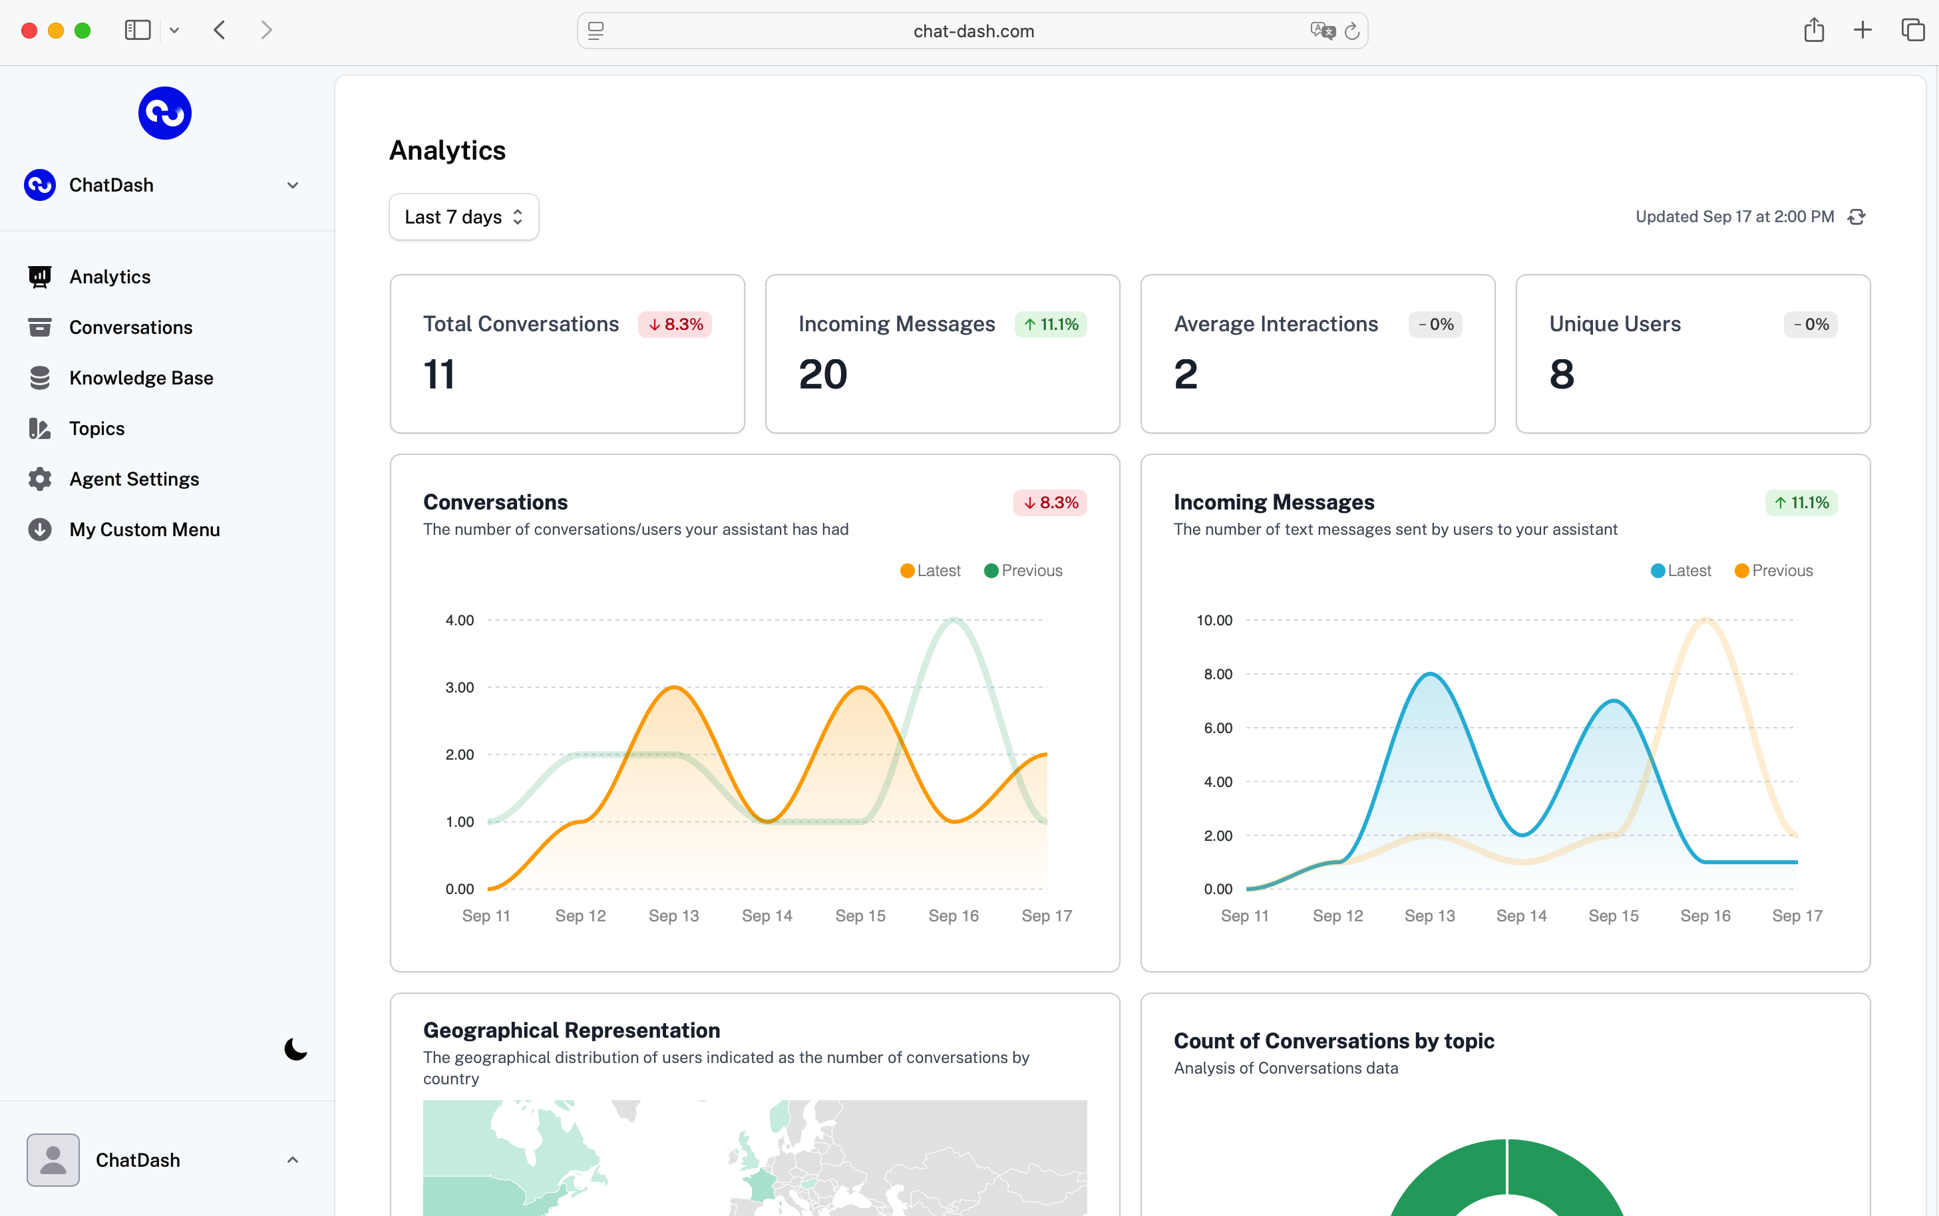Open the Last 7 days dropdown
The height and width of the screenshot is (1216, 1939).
point(463,217)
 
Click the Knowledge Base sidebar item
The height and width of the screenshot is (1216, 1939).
point(141,378)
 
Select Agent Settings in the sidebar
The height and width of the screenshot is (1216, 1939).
point(134,480)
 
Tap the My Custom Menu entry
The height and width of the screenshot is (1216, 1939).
point(144,530)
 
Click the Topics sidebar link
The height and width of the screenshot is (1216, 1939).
point(96,428)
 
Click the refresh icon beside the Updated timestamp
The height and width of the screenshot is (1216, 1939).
point(1856,217)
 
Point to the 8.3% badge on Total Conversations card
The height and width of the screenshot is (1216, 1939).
point(675,325)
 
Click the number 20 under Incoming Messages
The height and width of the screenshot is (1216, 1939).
point(822,375)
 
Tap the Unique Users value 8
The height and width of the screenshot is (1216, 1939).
point(1561,375)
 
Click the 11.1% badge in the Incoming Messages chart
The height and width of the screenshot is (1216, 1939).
point(1801,504)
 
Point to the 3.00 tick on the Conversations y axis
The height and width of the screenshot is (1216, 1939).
point(459,688)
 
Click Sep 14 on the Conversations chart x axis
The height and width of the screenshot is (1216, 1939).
point(767,916)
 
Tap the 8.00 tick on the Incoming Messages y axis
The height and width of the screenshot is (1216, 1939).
point(1218,675)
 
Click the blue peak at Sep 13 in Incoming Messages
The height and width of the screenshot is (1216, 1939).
point(1430,674)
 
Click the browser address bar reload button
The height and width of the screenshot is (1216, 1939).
point(1352,31)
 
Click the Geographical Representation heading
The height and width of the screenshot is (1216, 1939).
point(571,1030)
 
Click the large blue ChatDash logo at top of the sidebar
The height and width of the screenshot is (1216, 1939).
point(165,113)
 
